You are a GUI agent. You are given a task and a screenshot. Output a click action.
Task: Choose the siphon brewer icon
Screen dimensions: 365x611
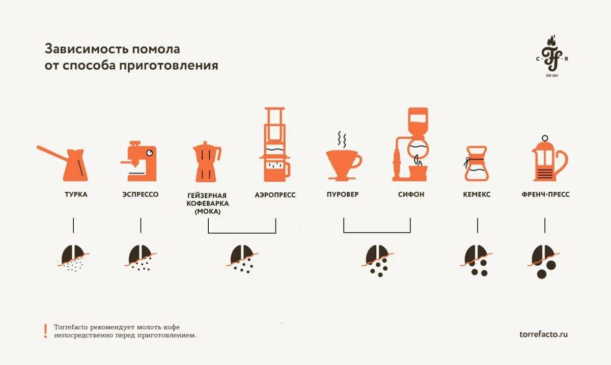pyautogui.click(x=410, y=145)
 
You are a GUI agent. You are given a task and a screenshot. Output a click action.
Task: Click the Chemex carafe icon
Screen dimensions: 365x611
pyautogui.click(x=477, y=163)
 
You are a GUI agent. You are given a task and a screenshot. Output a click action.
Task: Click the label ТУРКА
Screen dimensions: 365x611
pyautogui.click(x=76, y=194)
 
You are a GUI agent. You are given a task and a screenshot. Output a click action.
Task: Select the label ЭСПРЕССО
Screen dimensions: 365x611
pyautogui.click(x=141, y=194)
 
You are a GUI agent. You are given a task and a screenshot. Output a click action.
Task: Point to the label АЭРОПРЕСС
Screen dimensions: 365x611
pyautogui.click(x=275, y=195)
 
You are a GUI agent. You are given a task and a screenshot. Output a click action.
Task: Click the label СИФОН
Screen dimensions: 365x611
pyautogui.click(x=411, y=194)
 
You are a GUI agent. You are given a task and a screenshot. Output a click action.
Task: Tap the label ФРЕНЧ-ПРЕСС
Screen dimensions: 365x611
pyautogui.click(x=545, y=194)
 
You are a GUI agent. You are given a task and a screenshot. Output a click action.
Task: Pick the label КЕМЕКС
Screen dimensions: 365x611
pyautogui.click(x=477, y=194)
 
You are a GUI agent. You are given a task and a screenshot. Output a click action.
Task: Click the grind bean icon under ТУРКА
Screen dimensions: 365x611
pyautogui.click(x=73, y=258)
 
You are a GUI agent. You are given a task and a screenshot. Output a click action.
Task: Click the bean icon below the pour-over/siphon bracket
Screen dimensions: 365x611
pyautogui.click(x=377, y=260)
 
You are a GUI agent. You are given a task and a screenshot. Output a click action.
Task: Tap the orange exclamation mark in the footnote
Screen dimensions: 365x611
pyautogui.click(x=45, y=331)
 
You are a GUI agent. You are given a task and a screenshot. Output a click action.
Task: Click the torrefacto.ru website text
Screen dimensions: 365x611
pyautogui.click(x=543, y=334)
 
